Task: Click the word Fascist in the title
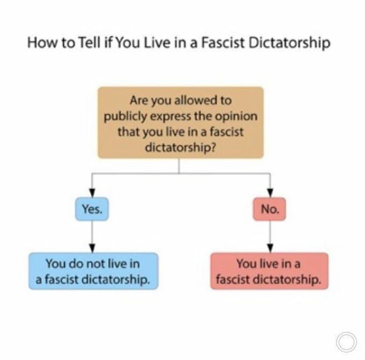pyautogui.click(x=222, y=43)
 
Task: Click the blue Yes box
pyautogui.click(x=92, y=209)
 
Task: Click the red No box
pyautogui.click(x=270, y=209)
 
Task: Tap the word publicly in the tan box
pyautogui.click(x=125, y=117)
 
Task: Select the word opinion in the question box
pyautogui.click(x=236, y=117)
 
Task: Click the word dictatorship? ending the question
pyautogui.click(x=181, y=147)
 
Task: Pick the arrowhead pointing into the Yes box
pyautogui.click(x=92, y=193)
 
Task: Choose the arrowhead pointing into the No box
pyautogui.click(x=270, y=193)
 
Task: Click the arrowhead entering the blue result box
pyautogui.click(x=92, y=248)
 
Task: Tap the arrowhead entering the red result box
pyautogui.click(x=270, y=248)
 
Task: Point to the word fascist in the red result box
pyautogui.click(x=233, y=279)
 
